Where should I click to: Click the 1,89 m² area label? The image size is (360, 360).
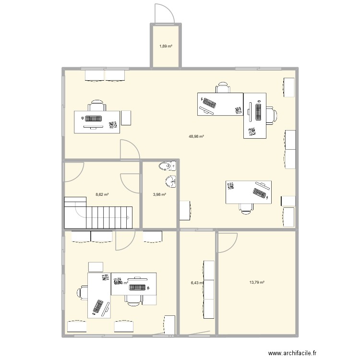(x=166, y=47)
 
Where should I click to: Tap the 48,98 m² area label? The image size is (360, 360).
(x=196, y=136)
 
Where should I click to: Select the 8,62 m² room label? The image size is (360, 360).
(x=102, y=194)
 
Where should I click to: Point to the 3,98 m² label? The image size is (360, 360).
(x=159, y=194)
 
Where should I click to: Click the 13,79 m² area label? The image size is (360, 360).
(x=257, y=283)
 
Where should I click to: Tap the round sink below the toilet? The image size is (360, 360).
(x=170, y=182)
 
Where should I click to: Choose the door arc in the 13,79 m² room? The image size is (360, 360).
(x=227, y=242)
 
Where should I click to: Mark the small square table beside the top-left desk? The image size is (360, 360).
(x=126, y=118)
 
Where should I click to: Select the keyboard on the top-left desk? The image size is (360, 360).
(x=94, y=119)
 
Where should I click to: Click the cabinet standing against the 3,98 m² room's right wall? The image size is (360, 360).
(x=185, y=210)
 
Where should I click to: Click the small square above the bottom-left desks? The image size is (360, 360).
(x=96, y=267)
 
